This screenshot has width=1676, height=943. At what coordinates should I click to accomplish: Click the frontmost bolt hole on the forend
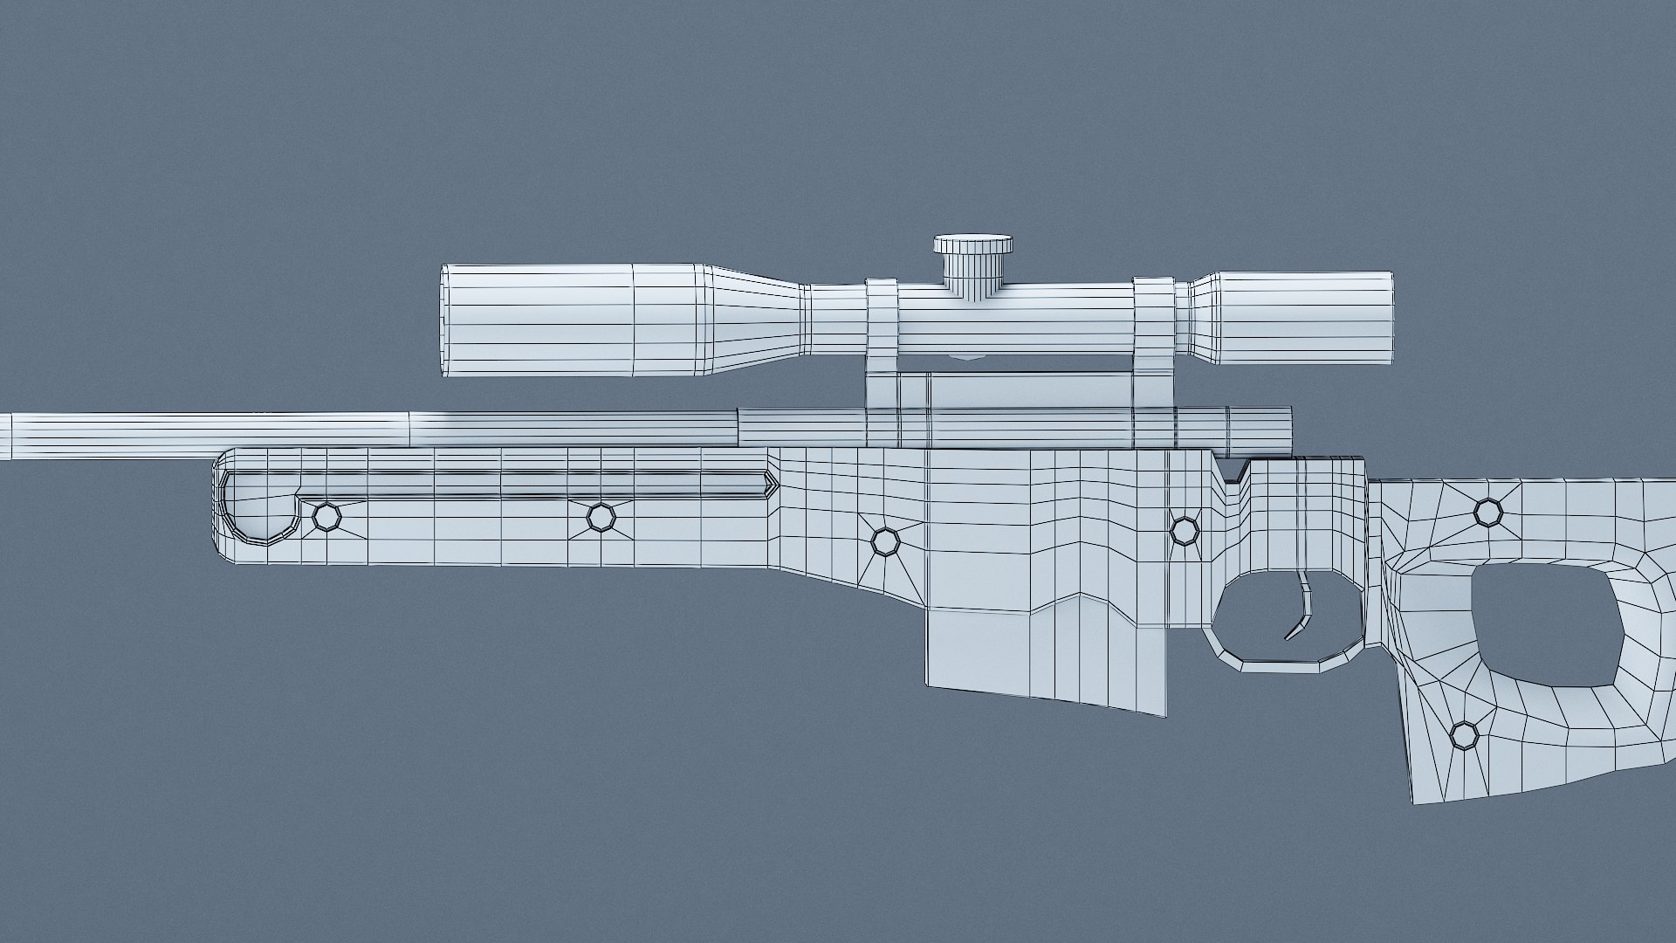click(x=327, y=517)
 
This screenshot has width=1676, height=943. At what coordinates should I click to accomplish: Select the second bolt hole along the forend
click(x=601, y=517)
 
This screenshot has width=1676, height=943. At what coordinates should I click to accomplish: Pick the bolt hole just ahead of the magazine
click(x=885, y=541)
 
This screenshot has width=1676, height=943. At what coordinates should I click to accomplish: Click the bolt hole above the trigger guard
click(x=1184, y=530)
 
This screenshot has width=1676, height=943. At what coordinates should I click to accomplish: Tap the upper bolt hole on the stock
click(x=1487, y=512)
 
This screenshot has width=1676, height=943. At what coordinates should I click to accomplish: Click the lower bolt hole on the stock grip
click(x=1464, y=735)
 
